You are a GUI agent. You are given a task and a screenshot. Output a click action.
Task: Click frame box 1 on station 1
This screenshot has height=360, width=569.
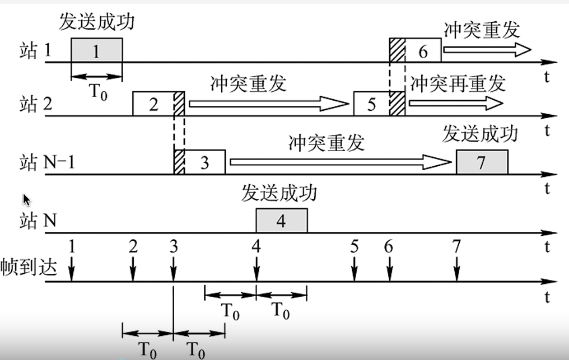coord(96,51)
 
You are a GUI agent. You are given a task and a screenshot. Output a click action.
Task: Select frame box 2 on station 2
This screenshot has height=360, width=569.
coord(153,104)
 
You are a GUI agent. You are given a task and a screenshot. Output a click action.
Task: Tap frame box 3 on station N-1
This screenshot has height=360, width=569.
coord(204,162)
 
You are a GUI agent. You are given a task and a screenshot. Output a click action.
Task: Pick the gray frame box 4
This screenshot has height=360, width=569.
coord(281,221)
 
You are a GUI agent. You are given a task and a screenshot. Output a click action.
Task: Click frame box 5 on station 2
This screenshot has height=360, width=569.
coord(371,104)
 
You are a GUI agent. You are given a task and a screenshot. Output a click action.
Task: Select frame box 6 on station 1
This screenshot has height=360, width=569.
coord(422,51)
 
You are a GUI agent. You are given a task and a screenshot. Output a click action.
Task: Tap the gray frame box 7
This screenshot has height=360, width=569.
coord(482,162)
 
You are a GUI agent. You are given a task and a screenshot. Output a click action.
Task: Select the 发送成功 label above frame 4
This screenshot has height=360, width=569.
coord(279,193)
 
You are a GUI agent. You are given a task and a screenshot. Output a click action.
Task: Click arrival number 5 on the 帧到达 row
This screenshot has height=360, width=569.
coord(354,246)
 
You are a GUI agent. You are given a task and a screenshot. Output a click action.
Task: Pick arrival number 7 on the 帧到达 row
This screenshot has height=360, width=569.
coord(457,246)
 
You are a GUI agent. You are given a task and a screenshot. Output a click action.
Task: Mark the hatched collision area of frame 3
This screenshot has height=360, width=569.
coord(179,162)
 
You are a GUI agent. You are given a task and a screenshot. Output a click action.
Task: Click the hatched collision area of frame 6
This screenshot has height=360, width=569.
coord(397,51)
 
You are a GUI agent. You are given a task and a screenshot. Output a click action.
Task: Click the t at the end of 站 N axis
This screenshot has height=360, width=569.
coord(547,247)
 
